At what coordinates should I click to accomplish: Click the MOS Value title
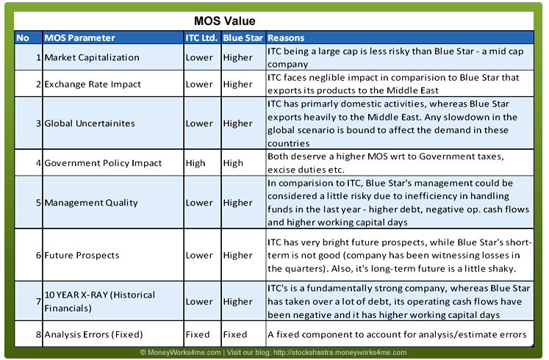pyautogui.click(x=224, y=21)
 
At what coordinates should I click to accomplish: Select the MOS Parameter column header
pyautogui.click(x=79, y=37)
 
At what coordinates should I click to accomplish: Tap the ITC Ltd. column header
pyautogui.click(x=201, y=37)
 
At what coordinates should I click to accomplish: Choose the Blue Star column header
pyautogui.click(x=243, y=37)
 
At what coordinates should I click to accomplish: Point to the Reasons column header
pyautogui.click(x=286, y=37)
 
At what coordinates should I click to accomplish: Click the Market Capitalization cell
pyautogui.click(x=92, y=57)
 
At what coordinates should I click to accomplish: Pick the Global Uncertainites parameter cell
pyautogui.click(x=90, y=123)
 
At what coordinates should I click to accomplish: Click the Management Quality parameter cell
pyautogui.click(x=91, y=203)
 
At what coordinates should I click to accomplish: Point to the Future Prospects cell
pyautogui.click(x=82, y=256)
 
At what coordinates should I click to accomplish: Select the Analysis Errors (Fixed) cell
pyautogui.click(x=93, y=334)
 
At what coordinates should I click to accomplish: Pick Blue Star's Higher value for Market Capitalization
pyautogui.click(x=237, y=57)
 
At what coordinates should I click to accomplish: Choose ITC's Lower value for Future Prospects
pyautogui.click(x=199, y=256)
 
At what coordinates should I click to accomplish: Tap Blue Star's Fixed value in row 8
pyautogui.click(x=235, y=334)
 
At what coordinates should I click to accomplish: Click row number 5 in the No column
pyautogui.click(x=38, y=203)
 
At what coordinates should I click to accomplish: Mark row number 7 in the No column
pyautogui.click(x=38, y=301)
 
